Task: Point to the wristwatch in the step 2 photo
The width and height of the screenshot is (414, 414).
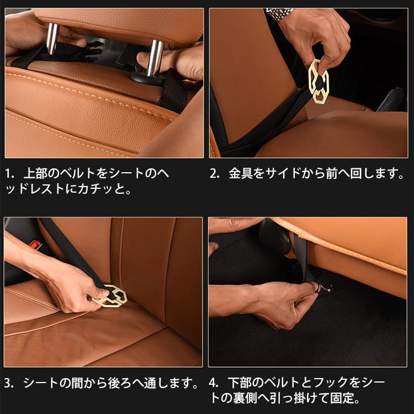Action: [x=279, y=13]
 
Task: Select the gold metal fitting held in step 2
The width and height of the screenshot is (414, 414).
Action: [x=319, y=81]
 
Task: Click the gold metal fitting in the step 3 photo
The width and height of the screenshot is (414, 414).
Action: [x=111, y=296]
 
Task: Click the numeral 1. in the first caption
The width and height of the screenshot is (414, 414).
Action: [x=10, y=173]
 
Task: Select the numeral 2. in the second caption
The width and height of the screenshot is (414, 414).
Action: [x=215, y=173]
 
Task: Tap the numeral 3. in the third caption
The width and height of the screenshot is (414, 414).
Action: [x=10, y=383]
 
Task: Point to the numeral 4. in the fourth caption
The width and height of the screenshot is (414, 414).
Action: [x=215, y=383]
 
